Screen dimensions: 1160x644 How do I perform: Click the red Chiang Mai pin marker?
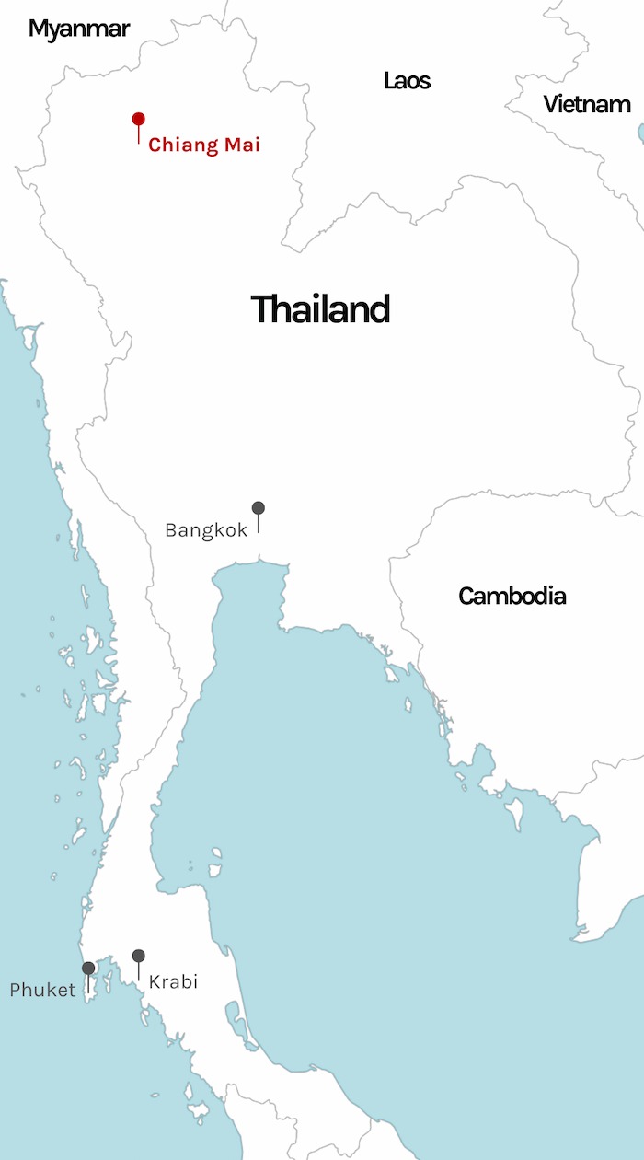click(138, 120)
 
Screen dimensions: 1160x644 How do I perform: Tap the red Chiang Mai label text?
click(204, 145)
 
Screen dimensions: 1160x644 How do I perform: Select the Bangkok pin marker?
click(259, 508)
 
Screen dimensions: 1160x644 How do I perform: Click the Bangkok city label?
click(206, 530)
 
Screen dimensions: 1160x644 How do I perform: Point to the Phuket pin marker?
click(88, 969)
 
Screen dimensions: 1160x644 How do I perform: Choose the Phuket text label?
click(42, 991)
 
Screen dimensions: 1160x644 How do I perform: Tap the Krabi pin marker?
click(138, 956)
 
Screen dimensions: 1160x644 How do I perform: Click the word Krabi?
click(173, 981)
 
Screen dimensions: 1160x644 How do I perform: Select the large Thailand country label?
click(320, 309)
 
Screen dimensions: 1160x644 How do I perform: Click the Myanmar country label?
click(78, 29)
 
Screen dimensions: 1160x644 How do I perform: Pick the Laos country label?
click(407, 81)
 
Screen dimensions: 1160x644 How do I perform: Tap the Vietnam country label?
click(587, 104)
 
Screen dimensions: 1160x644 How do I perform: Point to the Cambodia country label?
click(512, 596)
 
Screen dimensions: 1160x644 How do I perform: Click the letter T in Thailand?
click(261, 309)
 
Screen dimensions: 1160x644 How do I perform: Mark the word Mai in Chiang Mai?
click(242, 145)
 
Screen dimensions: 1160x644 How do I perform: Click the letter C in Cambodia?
click(466, 596)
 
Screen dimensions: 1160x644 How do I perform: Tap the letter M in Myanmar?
click(39, 29)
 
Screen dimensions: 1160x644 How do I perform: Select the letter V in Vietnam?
click(550, 104)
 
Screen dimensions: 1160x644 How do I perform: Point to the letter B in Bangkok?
click(171, 530)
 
